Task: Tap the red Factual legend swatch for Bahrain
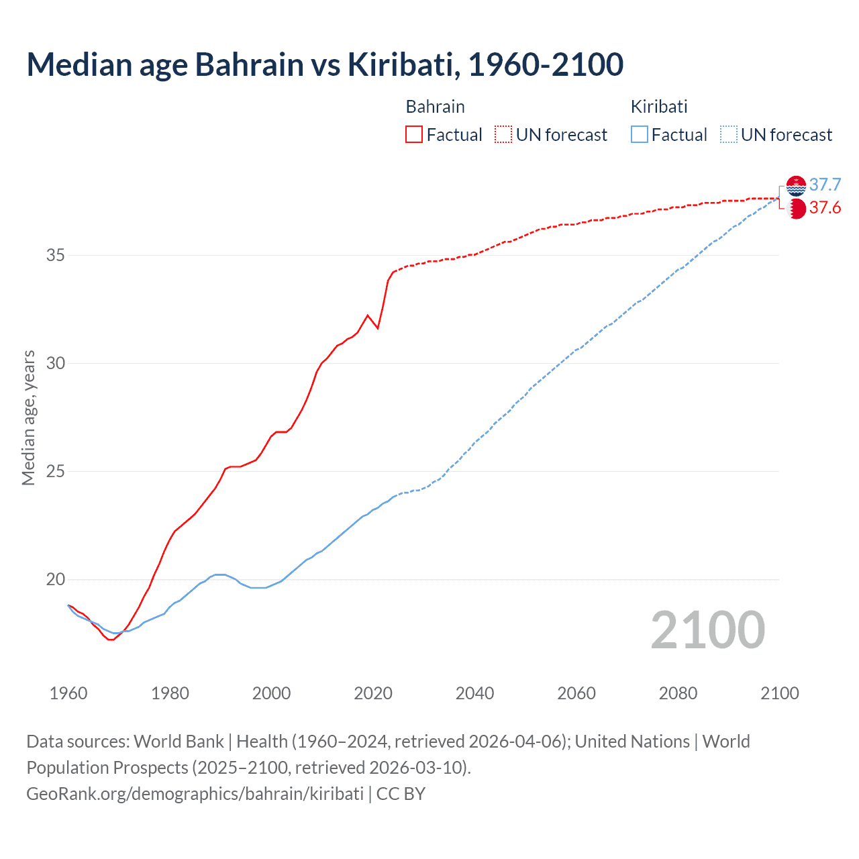pos(414,134)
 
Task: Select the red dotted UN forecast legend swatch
pos(503,134)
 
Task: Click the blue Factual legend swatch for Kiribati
pos(640,134)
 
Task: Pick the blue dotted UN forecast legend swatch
pos(729,134)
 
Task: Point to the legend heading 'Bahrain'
pos(435,107)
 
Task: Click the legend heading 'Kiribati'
pos(659,107)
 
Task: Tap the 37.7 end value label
pos(825,185)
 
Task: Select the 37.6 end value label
pos(825,208)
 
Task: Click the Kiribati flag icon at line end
pos(796,186)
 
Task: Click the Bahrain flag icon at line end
pos(796,209)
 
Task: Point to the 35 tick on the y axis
pos(56,255)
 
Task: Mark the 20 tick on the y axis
pos(56,579)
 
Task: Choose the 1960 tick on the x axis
pos(68,693)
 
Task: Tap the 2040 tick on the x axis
pos(474,693)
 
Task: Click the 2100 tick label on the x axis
pos(779,693)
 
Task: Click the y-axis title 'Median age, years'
pos(28,417)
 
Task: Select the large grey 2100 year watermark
pos(707,630)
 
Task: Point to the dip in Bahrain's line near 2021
pos(378,327)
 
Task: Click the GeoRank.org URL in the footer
pos(195,793)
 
